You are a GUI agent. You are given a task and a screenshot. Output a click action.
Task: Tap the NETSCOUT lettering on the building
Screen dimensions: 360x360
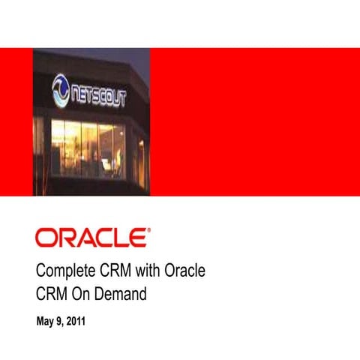[98, 93]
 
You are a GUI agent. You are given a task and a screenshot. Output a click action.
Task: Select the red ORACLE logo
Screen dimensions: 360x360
[92, 238]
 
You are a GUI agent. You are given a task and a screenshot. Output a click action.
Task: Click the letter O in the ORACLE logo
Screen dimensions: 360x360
[45, 238]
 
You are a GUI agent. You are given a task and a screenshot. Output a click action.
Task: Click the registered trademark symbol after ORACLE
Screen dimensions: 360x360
[149, 232]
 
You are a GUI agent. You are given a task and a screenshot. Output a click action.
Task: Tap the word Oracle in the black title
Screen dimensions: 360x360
[184, 270]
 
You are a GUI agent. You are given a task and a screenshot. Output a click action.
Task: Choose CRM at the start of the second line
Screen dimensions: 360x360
[52, 295]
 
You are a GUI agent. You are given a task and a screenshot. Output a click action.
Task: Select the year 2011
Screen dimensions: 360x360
[76, 322]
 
